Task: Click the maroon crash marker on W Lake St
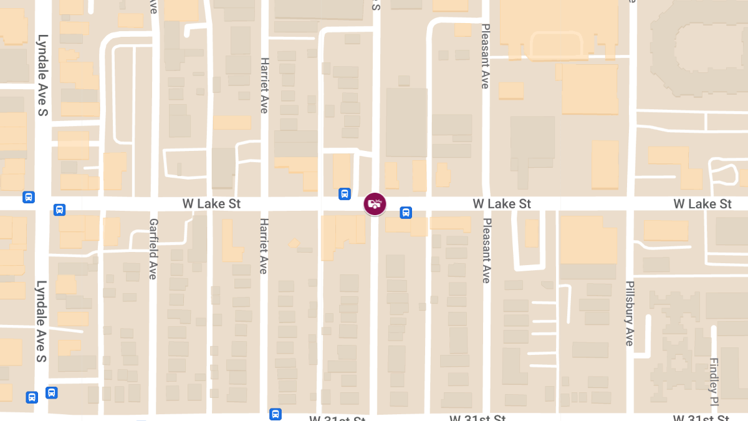(x=375, y=204)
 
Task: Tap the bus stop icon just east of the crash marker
(x=406, y=213)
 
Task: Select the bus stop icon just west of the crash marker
(x=344, y=194)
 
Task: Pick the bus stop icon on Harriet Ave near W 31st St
(x=276, y=414)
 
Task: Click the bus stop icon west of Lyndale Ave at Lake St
(x=28, y=197)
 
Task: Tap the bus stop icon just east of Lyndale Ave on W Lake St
(x=59, y=210)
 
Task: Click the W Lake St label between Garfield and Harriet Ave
(x=211, y=204)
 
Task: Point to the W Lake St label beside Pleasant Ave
(x=502, y=204)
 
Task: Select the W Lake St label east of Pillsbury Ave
(x=702, y=204)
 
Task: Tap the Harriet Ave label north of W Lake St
(x=264, y=85)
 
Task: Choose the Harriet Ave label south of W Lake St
(x=264, y=246)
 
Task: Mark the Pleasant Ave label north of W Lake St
(x=486, y=57)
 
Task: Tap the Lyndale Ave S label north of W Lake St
(x=42, y=75)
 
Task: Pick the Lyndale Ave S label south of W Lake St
(x=41, y=321)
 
